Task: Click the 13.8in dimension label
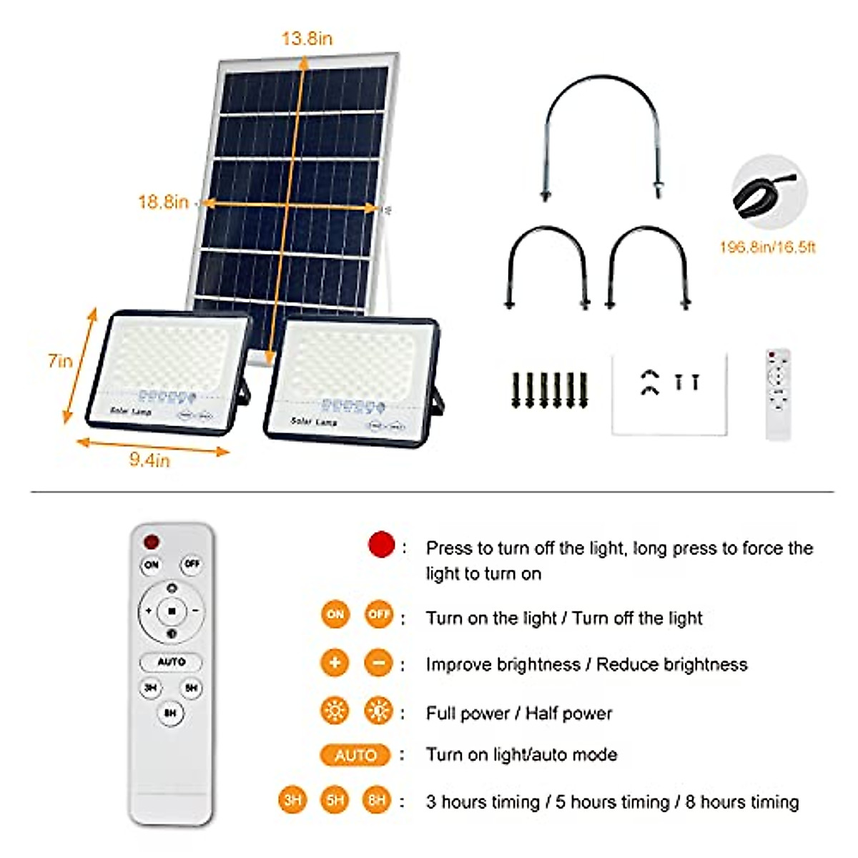coord(307,39)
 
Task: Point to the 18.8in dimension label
coord(163,202)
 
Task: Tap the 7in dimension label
coord(60,361)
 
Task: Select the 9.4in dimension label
coord(149,460)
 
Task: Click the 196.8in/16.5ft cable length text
coord(767,247)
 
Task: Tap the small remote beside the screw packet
coord(778,394)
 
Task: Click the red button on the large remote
coord(152,541)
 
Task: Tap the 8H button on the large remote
coord(170,713)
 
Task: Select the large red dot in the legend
coord(381,545)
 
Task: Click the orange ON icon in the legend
coord(335,615)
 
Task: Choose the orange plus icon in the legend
coord(335,664)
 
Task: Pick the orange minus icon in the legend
coord(379,664)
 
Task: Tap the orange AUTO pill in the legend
coord(355,755)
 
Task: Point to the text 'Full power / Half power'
coord(519,713)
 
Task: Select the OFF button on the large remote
coord(192,564)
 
